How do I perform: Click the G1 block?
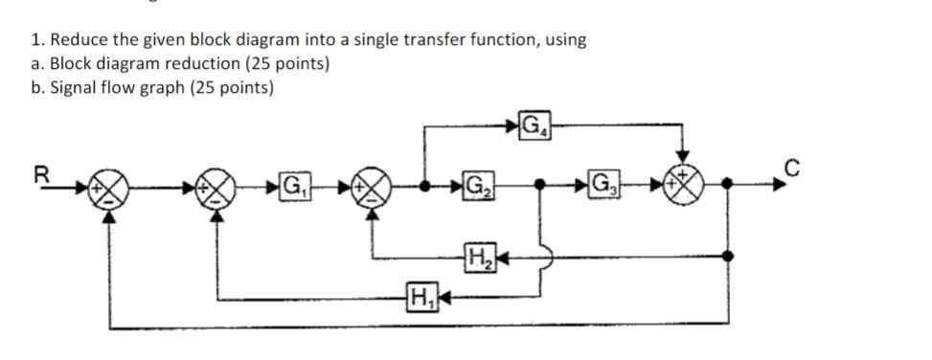(293, 183)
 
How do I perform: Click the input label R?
(40, 174)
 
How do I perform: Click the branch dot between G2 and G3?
(541, 183)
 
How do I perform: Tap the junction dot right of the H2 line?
(731, 256)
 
